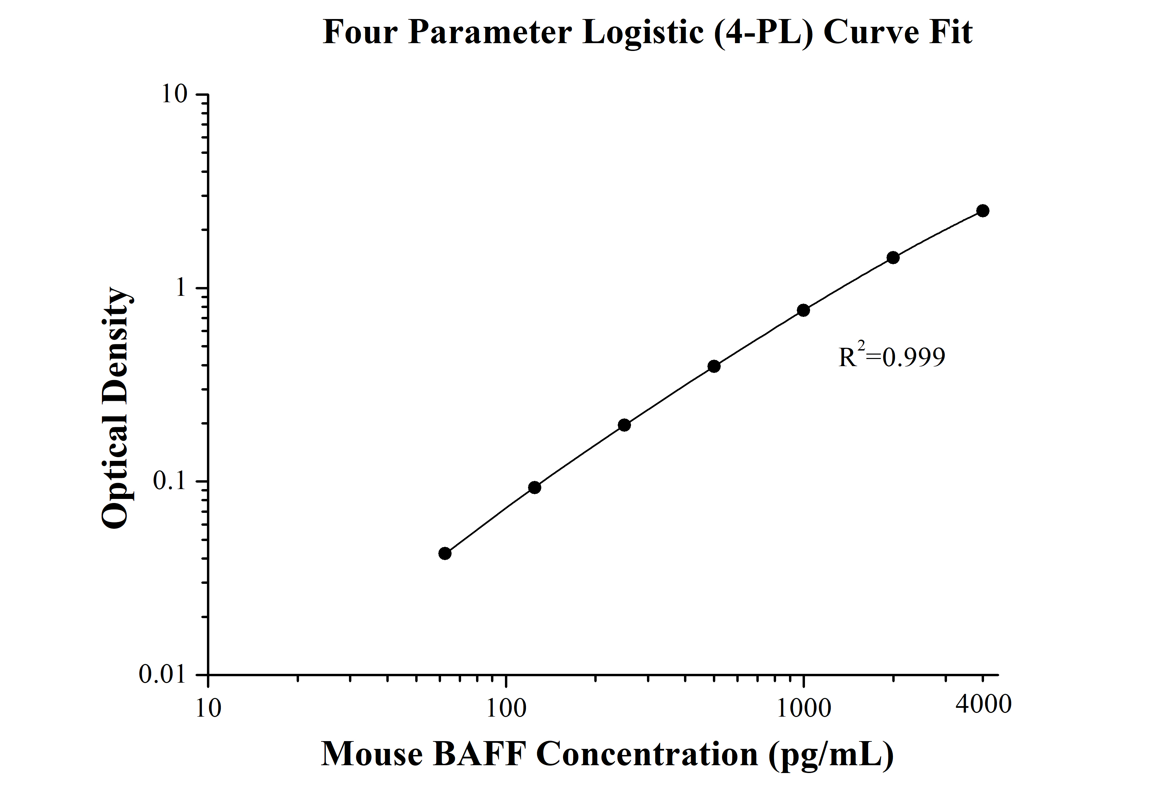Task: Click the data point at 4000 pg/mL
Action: (982, 211)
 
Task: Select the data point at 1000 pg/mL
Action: (804, 310)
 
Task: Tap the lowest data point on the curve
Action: (445, 554)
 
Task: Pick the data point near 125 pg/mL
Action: (534, 487)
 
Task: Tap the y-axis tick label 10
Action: (174, 94)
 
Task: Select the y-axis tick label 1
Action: (180, 288)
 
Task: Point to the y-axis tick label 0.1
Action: (170, 481)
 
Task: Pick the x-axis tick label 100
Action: (506, 708)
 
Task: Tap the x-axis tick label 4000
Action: (983, 704)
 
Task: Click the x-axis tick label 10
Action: (208, 708)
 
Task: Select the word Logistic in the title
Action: (643, 33)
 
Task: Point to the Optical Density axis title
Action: (117, 408)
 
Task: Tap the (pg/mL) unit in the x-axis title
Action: (831, 755)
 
